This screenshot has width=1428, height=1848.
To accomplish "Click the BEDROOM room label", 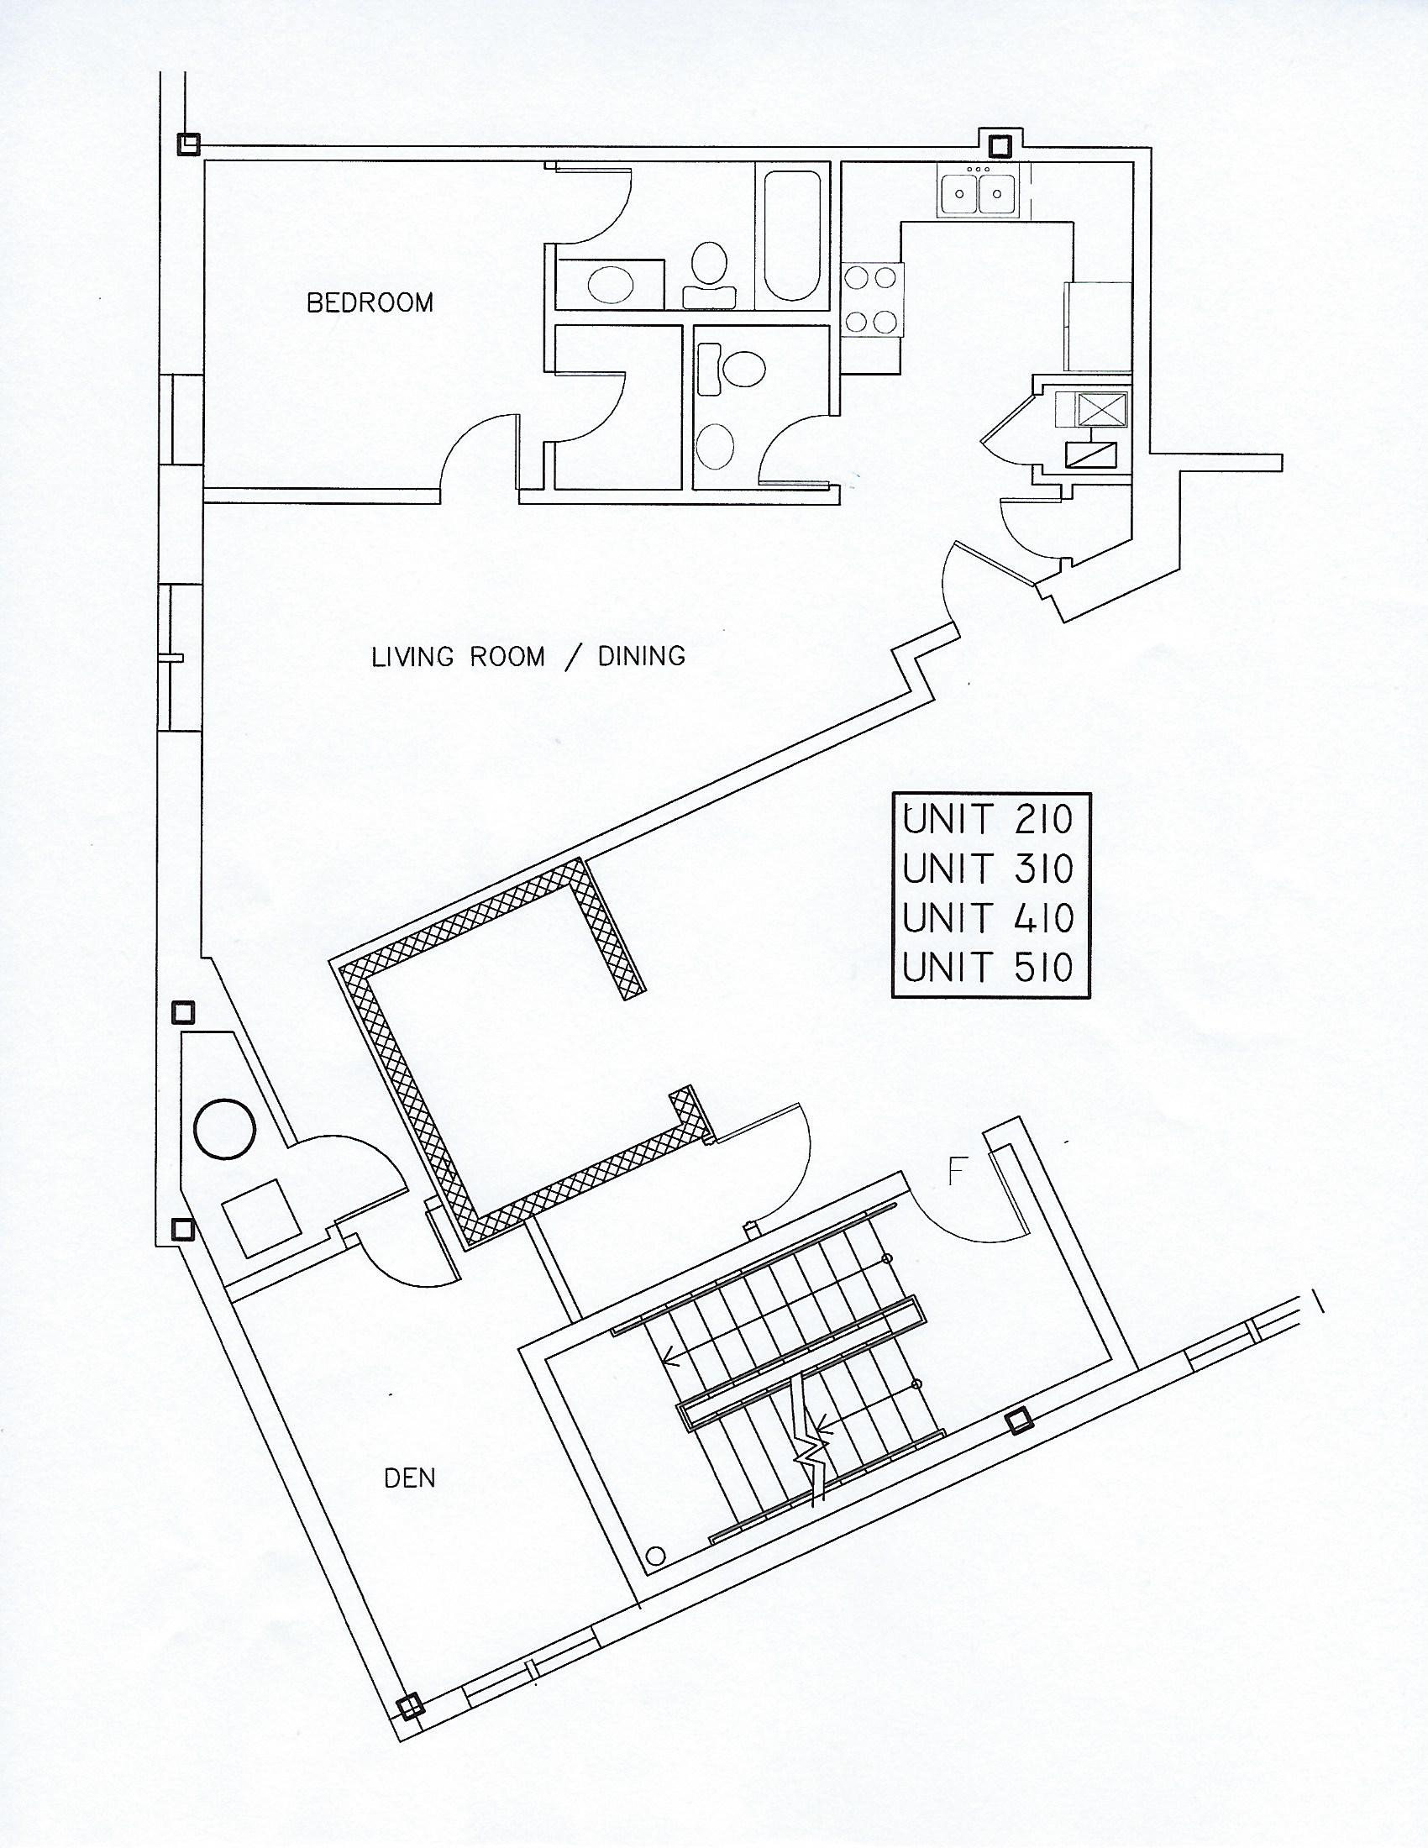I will coord(370,303).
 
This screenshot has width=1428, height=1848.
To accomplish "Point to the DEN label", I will coord(409,1478).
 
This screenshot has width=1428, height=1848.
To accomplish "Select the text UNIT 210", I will coord(988,819).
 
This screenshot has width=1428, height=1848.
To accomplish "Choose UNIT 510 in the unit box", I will coord(988,967).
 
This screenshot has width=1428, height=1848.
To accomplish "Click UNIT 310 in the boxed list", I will coord(988,869).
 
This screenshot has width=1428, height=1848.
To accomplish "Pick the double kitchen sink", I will coord(979,192).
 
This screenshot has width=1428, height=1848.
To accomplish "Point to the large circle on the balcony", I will coord(224,1129).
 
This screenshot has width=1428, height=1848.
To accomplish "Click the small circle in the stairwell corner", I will coord(654,1554).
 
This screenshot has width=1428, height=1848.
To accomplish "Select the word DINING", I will coord(641,657).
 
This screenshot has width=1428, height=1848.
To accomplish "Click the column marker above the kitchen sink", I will coord(999,146).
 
